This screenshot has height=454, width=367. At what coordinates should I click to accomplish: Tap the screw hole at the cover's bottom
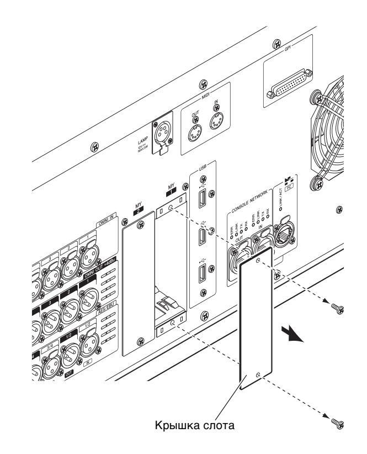coord(257,376)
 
